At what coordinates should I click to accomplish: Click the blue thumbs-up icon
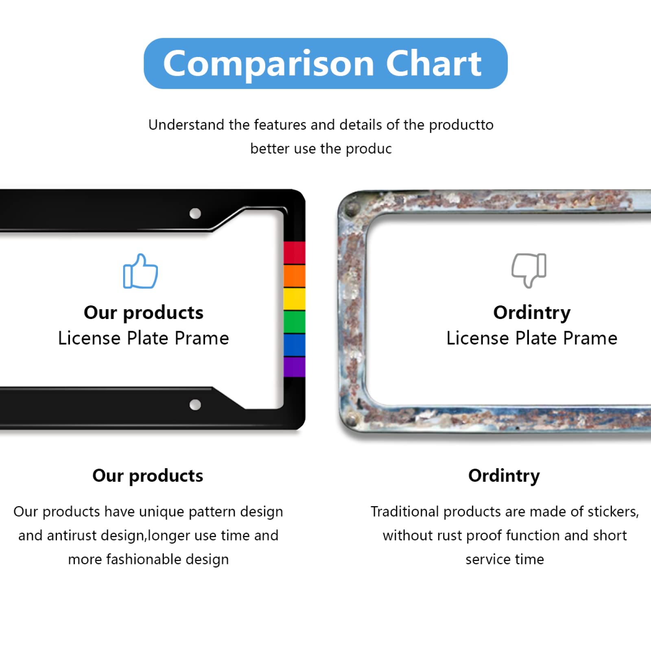pos(140,271)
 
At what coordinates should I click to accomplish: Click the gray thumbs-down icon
pos(529,270)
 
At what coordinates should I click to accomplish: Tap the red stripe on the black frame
pos(294,253)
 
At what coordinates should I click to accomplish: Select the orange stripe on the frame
pos(294,276)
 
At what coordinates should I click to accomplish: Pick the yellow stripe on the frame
pos(294,299)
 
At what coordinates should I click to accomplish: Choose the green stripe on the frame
pos(294,321)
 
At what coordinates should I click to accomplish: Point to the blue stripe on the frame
pos(294,345)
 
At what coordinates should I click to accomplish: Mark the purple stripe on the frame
pos(294,367)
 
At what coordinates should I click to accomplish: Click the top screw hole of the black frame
pos(195,214)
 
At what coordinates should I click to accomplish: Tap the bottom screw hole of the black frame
pos(195,405)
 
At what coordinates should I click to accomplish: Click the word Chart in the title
pos(433,63)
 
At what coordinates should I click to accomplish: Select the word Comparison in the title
pos(269,64)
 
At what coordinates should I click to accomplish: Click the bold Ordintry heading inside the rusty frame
pos(532,313)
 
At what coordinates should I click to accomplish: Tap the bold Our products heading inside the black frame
pos(143,313)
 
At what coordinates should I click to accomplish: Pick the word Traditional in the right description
pos(404,512)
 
